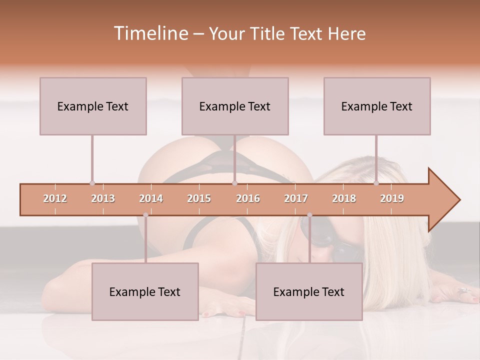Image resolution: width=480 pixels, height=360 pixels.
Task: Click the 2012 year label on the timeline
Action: [55, 198]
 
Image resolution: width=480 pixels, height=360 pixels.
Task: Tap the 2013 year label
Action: [103, 198]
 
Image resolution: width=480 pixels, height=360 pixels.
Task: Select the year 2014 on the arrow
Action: [151, 198]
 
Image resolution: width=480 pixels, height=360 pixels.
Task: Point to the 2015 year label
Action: [199, 198]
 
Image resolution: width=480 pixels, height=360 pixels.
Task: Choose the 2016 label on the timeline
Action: [248, 198]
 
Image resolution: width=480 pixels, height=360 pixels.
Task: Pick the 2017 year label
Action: [296, 198]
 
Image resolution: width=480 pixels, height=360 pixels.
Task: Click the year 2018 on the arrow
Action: [344, 198]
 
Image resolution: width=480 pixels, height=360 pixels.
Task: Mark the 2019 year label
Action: [392, 198]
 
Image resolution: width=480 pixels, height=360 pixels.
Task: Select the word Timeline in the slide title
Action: [150, 33]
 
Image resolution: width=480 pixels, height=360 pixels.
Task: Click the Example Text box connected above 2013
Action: [93, 106]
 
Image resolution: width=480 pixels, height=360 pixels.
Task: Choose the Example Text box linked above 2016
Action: [235, 106]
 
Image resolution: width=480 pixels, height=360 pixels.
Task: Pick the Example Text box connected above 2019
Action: [377, 106]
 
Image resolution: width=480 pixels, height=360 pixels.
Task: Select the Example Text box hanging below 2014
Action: [145, 291]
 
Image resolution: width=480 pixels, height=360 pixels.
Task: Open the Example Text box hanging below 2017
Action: [309, 291]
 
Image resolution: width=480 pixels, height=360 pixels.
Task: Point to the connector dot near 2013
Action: [92, 183]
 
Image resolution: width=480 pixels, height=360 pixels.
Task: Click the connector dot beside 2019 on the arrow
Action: [376, 183]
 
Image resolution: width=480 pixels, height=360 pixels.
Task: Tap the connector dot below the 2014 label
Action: [145, 215]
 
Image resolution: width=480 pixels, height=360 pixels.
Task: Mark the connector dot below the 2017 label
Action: [309, 215]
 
